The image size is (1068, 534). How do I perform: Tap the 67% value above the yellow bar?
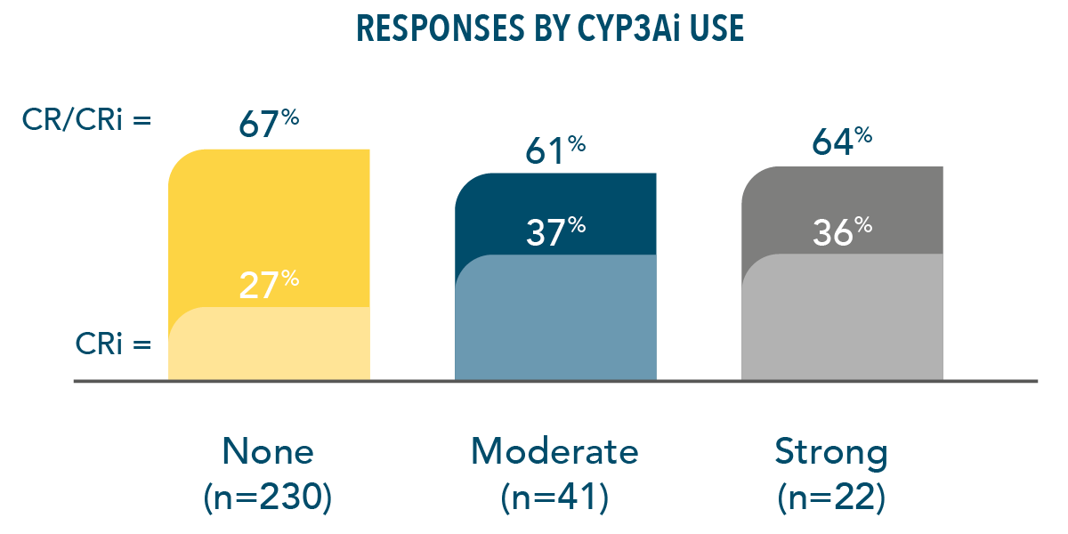[x=268, y=124]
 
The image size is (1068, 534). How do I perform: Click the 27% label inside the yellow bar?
[x=269, y=284]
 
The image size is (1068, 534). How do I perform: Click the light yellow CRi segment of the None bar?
[x=269, y=347]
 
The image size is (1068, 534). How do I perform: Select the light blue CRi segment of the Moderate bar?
[x=555, y=320]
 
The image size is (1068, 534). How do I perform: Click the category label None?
[x=268, y=452]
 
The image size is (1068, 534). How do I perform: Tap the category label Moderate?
[x=554, y=452]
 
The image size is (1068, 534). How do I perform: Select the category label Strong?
[x=831, y=452]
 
